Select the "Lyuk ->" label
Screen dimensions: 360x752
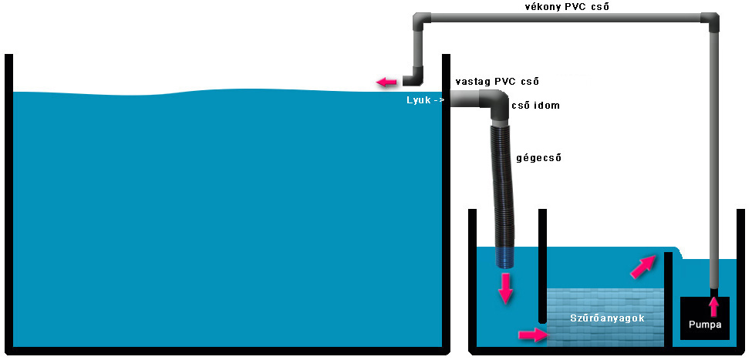[x=425, y=100]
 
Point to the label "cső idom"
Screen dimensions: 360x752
[x=535, y=106]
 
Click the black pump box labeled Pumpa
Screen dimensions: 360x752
[x=705, y=317]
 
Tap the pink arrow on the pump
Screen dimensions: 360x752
[x=714, y=305]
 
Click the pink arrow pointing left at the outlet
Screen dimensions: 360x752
[x=386, y=81]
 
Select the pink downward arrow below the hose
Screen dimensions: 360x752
[x=506, y=286]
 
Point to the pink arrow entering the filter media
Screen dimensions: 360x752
[x=532, y=335]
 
